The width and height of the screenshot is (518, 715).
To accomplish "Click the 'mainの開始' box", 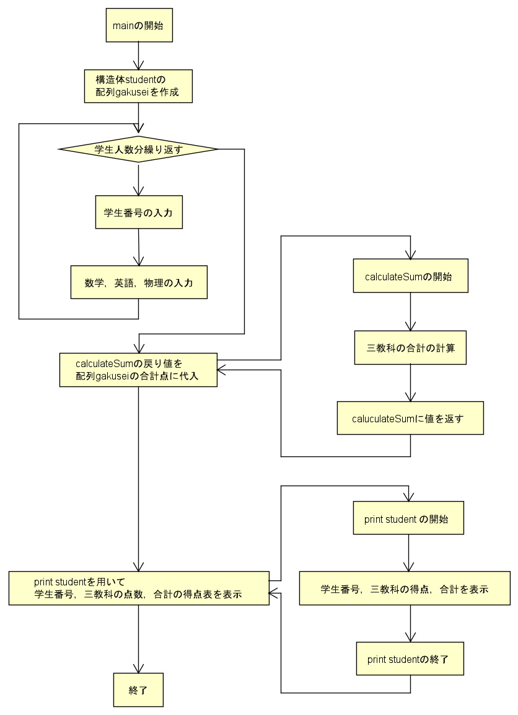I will (x=138, y=25).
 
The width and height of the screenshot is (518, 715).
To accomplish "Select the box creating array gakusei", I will (x=138, y=86).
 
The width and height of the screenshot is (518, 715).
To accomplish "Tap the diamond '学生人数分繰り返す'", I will (x=138, y=149).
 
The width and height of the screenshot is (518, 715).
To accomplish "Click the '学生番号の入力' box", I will (x=138, y=213).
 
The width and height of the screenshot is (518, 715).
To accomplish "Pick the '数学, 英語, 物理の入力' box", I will (x=138, y=283).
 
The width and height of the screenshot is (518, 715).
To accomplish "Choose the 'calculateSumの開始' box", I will (x=410, y=277).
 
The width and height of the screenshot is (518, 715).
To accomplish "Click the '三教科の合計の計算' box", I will (x=410, y=348).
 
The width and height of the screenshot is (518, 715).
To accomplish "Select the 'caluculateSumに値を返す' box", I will (x=410, y=419).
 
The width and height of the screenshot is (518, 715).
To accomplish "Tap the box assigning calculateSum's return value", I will (x=138, y=370).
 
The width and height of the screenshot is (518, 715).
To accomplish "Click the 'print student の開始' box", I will (x=408, y=519).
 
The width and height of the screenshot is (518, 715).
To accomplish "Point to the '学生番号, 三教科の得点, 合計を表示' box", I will (x=405, y=588).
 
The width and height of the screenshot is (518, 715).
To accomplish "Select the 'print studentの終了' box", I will (x=410, y=659).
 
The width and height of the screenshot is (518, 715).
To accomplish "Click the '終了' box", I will (x=138, y=690).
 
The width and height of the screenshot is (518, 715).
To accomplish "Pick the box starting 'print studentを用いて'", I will (x=139, y=588).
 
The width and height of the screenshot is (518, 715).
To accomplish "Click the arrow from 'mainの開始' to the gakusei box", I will (x=138, y=56).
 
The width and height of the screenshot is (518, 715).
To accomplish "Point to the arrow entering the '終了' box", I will (x=138, y=639).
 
